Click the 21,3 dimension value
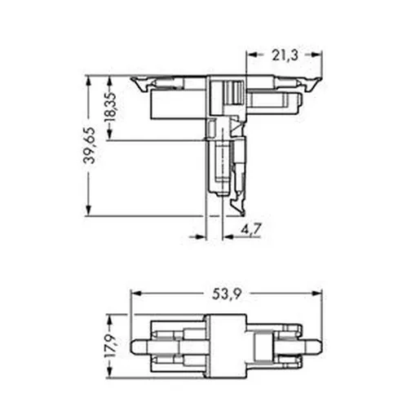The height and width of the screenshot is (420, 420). (x=285, y=55)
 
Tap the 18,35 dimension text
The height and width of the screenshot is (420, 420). (x=111, y=107)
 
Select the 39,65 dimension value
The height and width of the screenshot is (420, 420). (x=89, y=145)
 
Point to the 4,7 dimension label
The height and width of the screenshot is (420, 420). (x=251, y=229)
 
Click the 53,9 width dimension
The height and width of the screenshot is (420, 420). (x=227, y=294)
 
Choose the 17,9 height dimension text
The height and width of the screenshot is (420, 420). (x=111, y=346)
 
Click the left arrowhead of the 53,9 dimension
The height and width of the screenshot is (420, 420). (x=135, y=294)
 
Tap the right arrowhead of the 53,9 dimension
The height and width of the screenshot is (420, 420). (x=317, y=294)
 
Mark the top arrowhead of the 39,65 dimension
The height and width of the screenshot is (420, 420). (x=88, y=81)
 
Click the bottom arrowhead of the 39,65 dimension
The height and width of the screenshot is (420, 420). (x=88, y=210)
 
